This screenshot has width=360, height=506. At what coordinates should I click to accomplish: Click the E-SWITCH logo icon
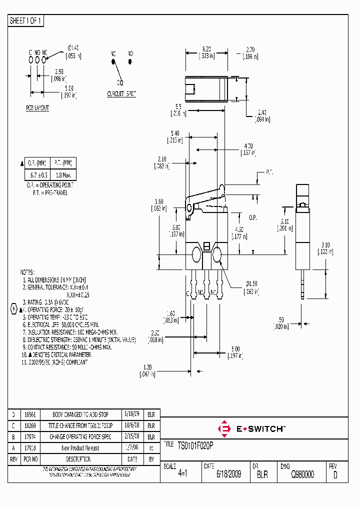(224, 428)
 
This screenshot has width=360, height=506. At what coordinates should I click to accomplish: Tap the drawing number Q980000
(302, 474)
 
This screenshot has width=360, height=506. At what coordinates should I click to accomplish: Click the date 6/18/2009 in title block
(228, 474)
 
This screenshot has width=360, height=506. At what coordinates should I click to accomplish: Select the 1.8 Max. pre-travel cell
(63, 175)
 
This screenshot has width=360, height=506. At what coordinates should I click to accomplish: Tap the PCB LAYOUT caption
(37, 108)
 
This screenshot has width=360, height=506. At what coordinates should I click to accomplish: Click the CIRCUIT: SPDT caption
(121, 93)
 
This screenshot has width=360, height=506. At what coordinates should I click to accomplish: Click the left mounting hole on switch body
(195, 256)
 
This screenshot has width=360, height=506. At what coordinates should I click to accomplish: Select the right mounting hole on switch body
(217, 256)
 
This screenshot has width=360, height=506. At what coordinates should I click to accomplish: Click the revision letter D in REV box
(334, 475)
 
